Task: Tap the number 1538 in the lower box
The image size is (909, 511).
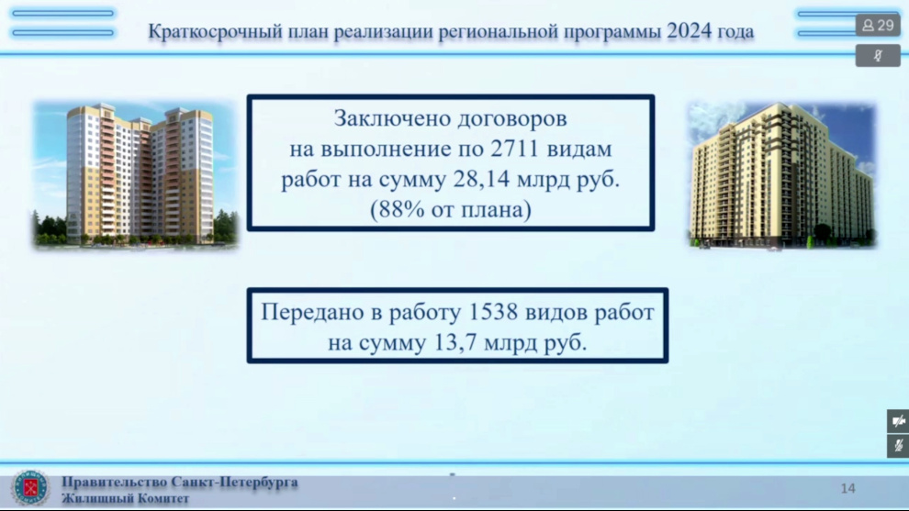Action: pyautogui.click(x=493, y=312)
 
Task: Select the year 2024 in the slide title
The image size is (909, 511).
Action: pyautogui.click(x=689, y=30)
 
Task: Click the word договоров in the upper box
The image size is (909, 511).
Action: pyautogui.click(x=513, y=119)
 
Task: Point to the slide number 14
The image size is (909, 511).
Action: pyautogui.click(x=848, y=488)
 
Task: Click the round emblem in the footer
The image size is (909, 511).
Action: pyautogui.click(x=30, y=487)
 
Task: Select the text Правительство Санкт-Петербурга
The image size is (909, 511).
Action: pyautogui.click(x=180, y=482)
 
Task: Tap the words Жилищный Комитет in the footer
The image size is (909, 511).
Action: pyautogui.click(x=125, y=497)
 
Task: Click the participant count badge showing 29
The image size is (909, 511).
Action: pyautogui.click(x=878, y=26)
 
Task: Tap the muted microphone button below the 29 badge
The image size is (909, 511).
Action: pyautogui.click(x=878, y=56)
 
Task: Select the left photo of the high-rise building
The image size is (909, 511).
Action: pyautogui.click(x=136, y=174)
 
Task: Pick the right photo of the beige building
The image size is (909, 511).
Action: pyautogui.click(x=782, y=175)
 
